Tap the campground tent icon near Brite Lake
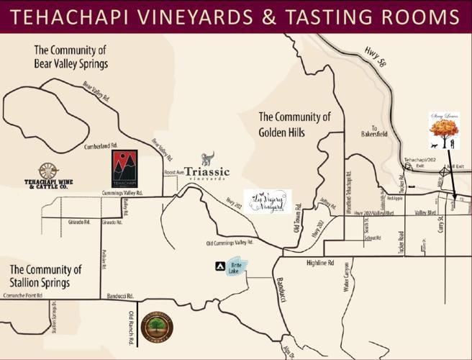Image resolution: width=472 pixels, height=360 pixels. (x=220, y=266)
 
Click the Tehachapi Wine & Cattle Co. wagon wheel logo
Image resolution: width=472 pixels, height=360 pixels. (x=49, y=177)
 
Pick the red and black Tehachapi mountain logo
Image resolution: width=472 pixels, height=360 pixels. (x=124, y=168)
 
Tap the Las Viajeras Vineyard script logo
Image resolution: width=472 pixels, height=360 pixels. (x=268, y=202)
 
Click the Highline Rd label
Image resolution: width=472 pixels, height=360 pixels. (x=320, y=264)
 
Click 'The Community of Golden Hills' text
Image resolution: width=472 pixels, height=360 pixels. (x=294, y=125)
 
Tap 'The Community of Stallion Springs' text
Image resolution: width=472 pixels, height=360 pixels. (x=45, y=276)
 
